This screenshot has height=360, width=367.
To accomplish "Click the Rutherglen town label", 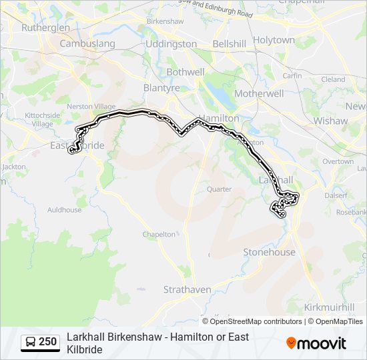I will point(45,28).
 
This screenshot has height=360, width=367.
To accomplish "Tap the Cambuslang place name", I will point(87,44).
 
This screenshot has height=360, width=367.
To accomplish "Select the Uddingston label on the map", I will point(171,44).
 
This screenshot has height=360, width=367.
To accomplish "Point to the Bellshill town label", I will point(230,44).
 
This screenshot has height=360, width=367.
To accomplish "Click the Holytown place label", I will point(274,40).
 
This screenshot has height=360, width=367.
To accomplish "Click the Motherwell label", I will point(259,94).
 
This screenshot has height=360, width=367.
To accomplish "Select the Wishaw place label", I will point(331,121).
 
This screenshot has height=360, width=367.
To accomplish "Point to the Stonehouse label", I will point(269,253).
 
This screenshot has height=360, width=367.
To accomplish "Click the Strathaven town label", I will point(188,290).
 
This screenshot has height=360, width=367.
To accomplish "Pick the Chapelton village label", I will point(159,235).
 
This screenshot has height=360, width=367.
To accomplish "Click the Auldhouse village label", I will point(64,210).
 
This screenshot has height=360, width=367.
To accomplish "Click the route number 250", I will point(47,342).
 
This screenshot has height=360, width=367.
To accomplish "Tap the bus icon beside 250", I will point(31,343).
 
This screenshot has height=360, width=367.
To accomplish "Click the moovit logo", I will point(316,343).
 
